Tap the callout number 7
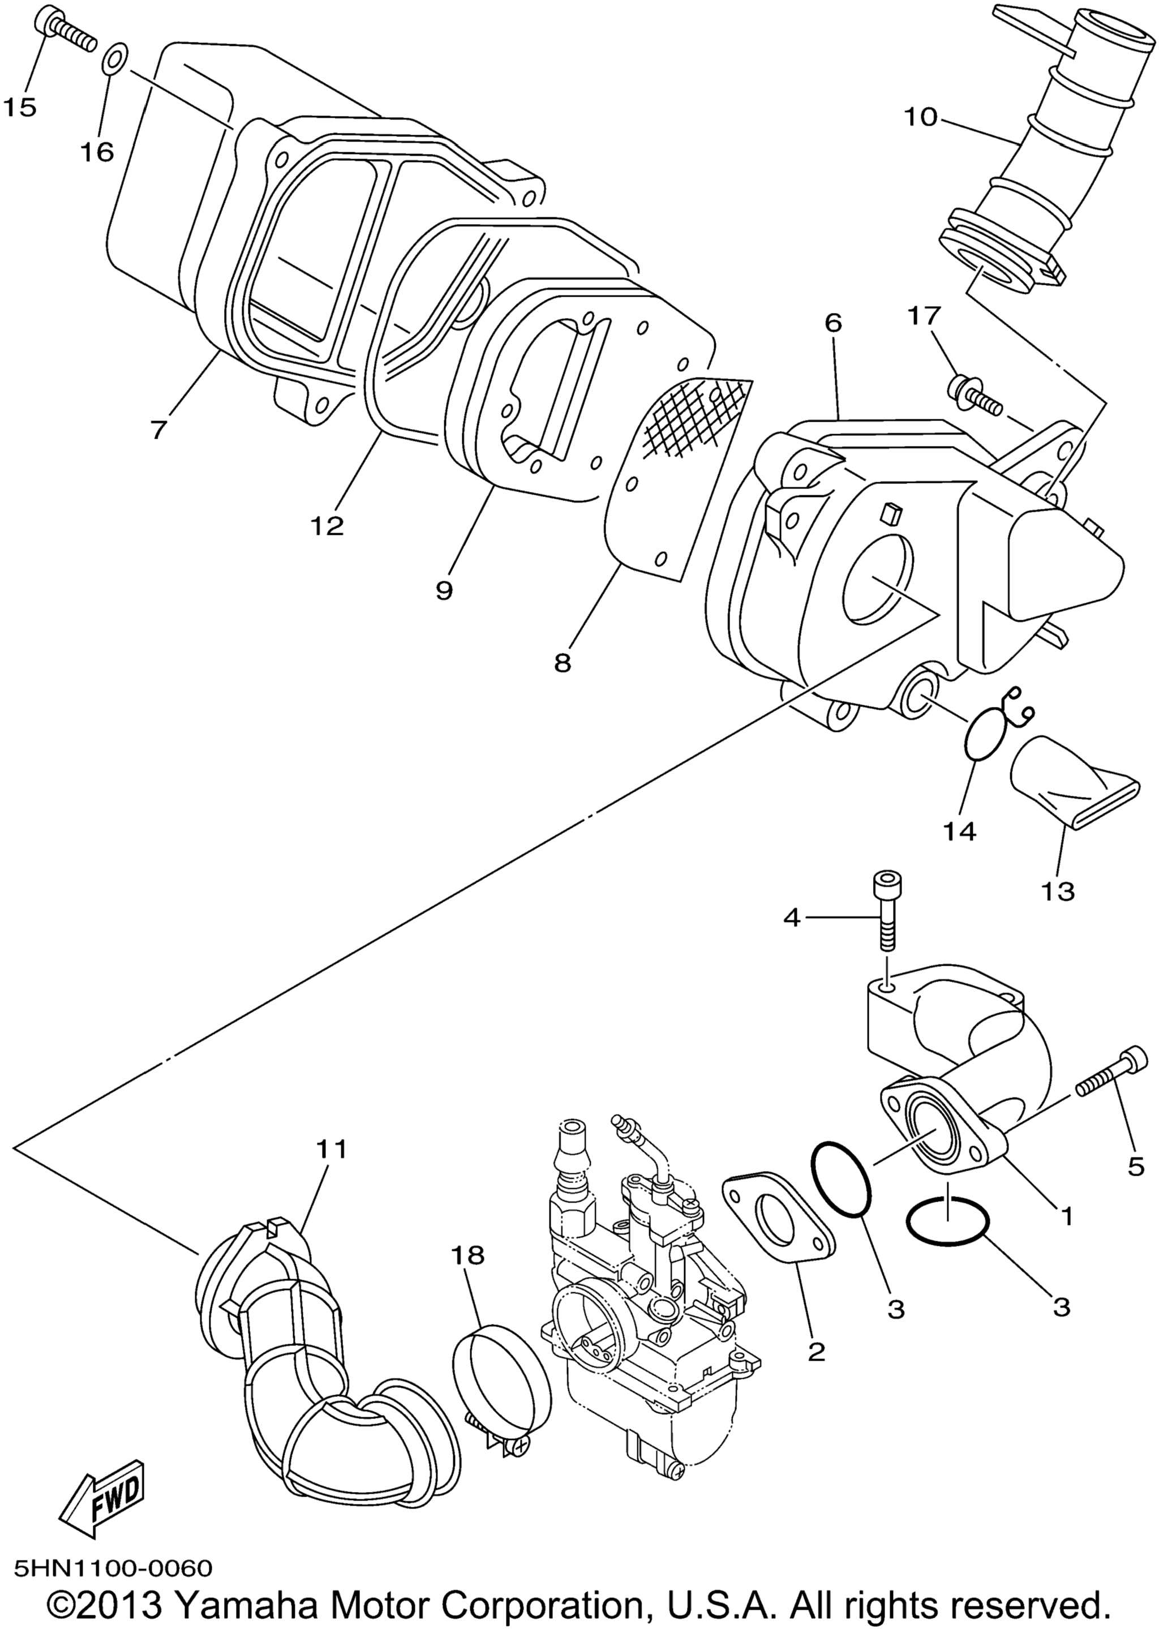(x=158, y=430)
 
